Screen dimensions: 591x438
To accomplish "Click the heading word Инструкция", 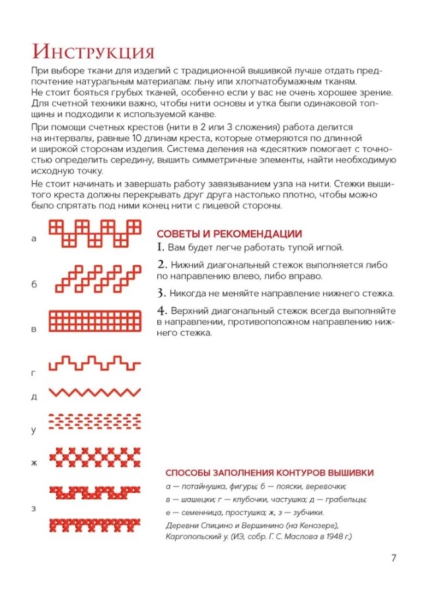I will coord(92,52).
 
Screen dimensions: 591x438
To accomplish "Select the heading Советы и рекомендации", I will coord(229,234).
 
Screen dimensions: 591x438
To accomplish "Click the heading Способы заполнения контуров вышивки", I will coord(270,473).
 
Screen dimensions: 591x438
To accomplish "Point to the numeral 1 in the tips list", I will coord(160,248).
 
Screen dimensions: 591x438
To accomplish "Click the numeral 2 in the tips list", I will coord(161,264).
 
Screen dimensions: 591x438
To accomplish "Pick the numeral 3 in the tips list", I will coord(161,293).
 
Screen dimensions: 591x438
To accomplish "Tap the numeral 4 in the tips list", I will coord(161,310).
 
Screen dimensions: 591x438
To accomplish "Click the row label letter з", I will coord(34,508).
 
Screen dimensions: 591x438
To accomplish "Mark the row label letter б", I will coord(34,284).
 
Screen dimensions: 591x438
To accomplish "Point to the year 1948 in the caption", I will coord(330,537).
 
